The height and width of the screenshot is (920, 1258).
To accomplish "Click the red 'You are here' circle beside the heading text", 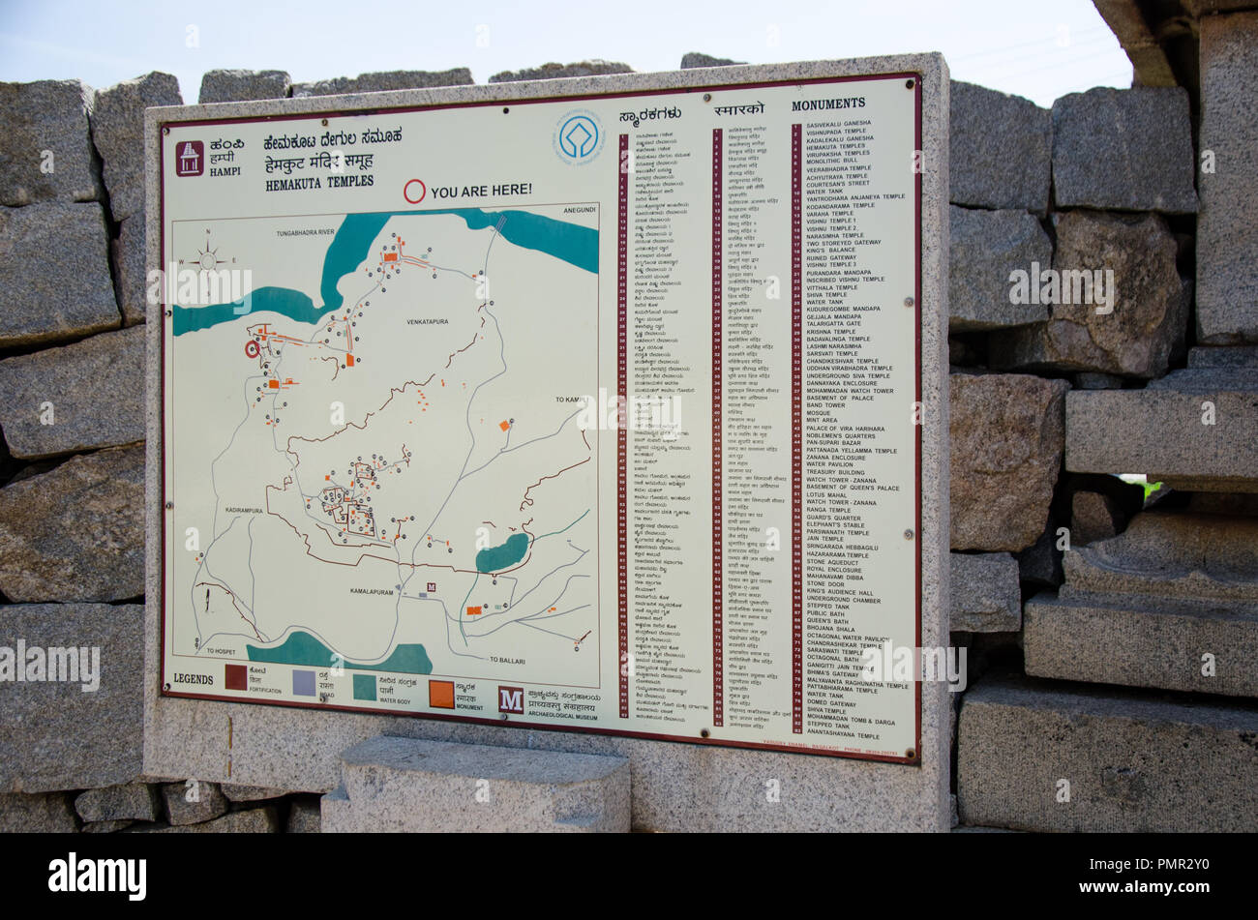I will coord(414,191).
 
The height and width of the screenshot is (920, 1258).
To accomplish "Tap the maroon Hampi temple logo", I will coord(190,159).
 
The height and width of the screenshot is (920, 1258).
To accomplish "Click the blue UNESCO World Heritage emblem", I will coord(579,136).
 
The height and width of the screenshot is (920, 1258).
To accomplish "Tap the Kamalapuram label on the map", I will coord(373,590).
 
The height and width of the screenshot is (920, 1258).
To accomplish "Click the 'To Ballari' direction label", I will coord(507,660).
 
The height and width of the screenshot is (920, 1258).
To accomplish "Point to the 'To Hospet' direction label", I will coord(220,652).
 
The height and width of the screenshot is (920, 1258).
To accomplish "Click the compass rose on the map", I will coord(208,259).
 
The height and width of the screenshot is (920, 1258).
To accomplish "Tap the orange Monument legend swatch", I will coord(441,694).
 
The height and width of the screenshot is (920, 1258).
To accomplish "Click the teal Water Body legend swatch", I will coord(364,687).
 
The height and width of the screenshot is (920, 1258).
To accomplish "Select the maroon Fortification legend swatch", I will coord(236,677).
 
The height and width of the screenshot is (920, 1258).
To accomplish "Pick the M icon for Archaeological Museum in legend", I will coord(511,699).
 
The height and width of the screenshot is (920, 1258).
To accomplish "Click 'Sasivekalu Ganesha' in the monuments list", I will coord(838,124).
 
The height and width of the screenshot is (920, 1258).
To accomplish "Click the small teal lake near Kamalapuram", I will coord(502,553).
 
